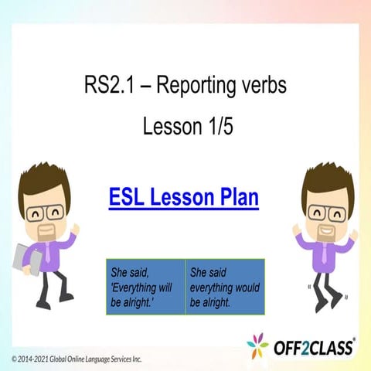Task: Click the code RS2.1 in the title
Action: click(x=108, y=86)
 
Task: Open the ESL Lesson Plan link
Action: click(x=183, y=197)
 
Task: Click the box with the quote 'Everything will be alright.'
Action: click(x=146, y=287)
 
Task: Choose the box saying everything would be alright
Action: click(x=225, y=287)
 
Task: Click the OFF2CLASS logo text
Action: click(x=313, y=346)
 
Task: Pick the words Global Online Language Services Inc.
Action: click(x=97, y=359)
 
